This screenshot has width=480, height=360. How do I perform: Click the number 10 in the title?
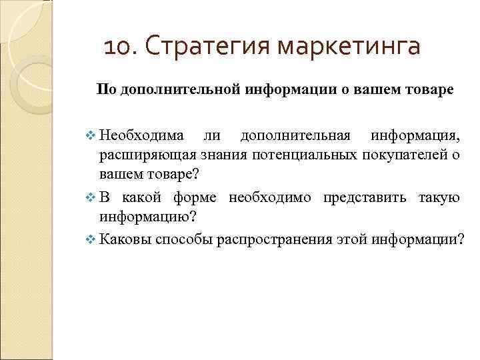point(119,47)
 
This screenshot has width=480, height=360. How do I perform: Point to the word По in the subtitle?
point(105,89)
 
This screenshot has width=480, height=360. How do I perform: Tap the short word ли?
point(212,137)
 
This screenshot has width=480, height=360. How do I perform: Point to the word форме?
point(197,198)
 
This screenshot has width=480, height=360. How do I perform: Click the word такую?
point(438,198)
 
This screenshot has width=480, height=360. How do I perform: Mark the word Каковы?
point(125,240)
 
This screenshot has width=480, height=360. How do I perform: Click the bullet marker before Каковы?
point(92,240)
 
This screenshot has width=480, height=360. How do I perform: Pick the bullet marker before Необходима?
point(92,137)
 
